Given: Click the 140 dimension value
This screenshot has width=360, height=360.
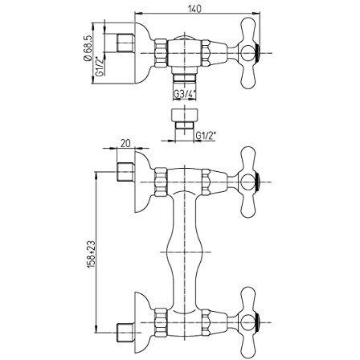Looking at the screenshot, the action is [194, 9].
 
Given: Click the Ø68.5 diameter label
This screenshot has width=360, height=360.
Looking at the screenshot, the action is [88, 48].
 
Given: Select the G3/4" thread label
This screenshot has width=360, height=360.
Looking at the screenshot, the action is [185, 94].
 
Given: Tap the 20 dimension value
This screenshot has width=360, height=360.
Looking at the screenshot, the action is [125, 143].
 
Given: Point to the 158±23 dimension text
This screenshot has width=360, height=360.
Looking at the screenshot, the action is [92, 254].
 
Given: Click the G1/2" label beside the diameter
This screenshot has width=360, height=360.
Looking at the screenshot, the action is [100, 67].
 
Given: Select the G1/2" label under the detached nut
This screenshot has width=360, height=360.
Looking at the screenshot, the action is [206, 136].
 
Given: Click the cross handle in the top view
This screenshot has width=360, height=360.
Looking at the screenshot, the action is [248, 53].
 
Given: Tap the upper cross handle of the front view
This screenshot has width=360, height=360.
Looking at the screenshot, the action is [248, 182].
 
